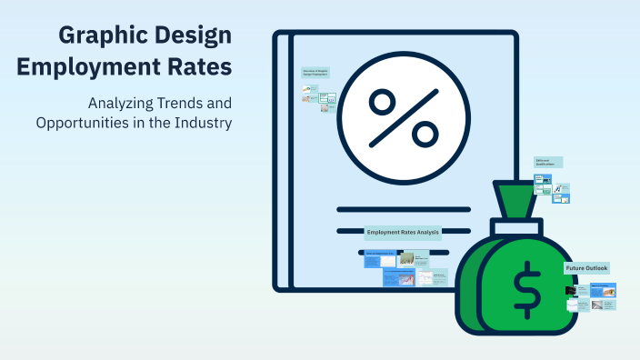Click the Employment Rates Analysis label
click(403, 233)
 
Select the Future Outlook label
click(586, 268)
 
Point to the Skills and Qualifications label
click(548, 162)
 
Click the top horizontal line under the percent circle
click(404, 208)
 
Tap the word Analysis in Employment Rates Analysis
click(427, 233)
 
